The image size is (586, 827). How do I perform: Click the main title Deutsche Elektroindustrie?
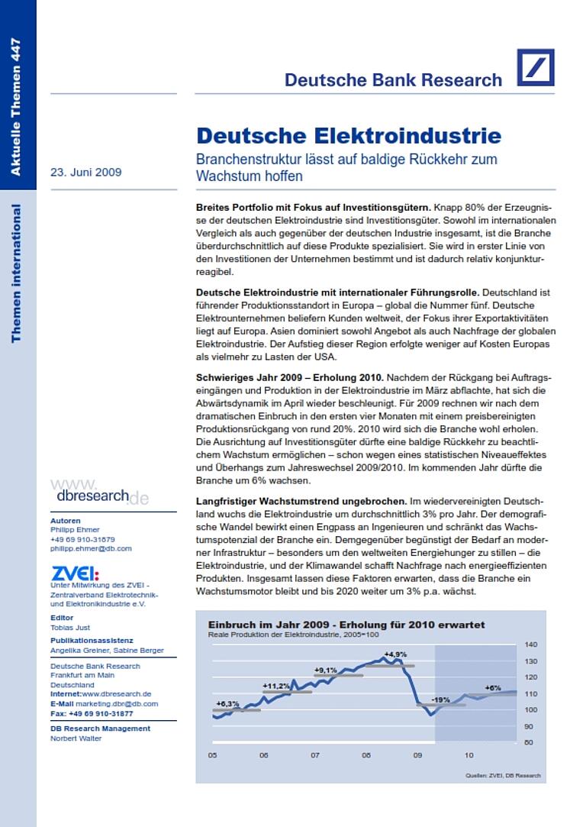[349, 136]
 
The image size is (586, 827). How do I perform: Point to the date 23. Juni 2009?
[85, 172]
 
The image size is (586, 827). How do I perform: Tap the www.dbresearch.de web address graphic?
[98, 492]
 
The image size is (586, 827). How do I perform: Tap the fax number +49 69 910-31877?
[92, 713]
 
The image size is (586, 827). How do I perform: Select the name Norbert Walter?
[76, 738]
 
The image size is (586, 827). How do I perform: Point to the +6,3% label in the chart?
[227, 703]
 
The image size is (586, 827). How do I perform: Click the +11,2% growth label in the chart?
[276, 685]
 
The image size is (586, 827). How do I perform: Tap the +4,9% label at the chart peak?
[395, 654]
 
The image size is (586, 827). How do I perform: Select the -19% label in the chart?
[440, 699]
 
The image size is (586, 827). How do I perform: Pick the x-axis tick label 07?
[314, 755]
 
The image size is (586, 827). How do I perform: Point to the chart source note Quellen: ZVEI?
[503, 775]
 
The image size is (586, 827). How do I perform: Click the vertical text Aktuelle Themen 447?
[16, 107]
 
